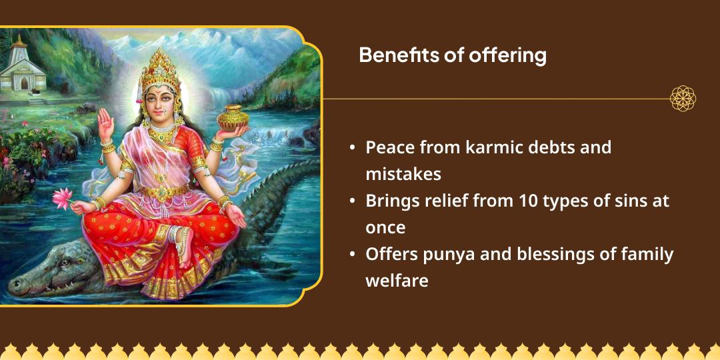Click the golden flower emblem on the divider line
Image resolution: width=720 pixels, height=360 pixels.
(683, 99)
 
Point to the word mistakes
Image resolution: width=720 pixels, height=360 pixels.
(403, 174)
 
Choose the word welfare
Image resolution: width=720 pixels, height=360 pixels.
(396, 281)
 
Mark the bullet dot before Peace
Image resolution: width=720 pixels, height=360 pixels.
(352, 148)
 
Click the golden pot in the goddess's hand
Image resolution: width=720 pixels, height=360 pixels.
(233, 117)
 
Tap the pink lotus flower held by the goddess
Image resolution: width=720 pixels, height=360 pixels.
(62, 197)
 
